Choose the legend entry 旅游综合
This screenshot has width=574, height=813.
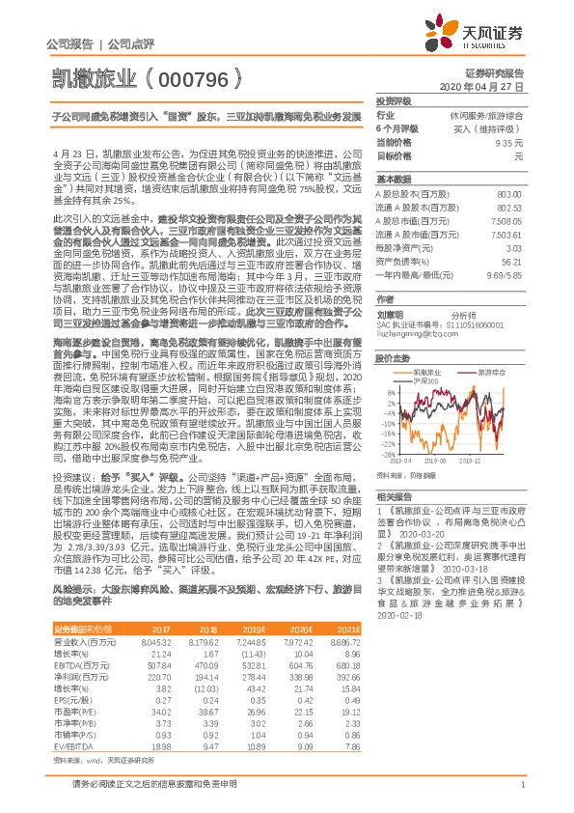[493, 372]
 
